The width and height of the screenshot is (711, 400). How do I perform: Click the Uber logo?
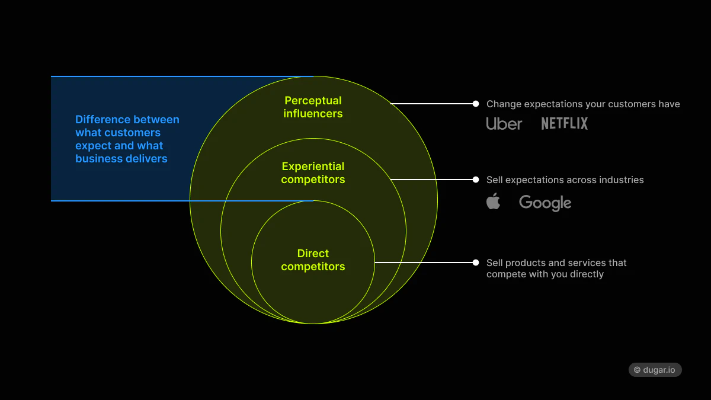coord(504,123)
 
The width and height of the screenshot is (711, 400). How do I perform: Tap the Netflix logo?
coord(564,123)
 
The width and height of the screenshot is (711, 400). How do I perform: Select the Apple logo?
coord(493,201)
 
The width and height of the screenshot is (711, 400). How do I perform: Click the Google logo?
coord(545,203)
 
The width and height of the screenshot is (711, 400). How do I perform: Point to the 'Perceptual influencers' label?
coord(313,107)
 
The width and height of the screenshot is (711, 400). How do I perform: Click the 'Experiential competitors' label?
coord(313,173)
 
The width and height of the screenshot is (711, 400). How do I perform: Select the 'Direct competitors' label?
coord(313,260)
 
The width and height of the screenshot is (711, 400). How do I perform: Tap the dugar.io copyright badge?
coord(655,369)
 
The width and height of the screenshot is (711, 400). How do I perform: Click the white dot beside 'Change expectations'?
coord(476,104)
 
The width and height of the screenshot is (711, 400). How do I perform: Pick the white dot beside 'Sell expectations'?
coord(476,180)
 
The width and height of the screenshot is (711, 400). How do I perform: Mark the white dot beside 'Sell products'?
coord(476,263)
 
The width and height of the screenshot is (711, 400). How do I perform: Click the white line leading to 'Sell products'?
coord(424,263)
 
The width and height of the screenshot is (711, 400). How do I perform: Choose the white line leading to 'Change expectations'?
coord(433,104)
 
